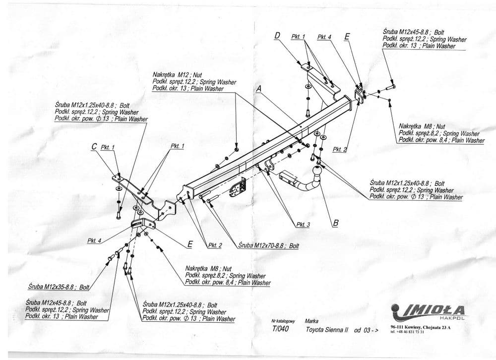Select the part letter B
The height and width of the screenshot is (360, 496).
(335, 223)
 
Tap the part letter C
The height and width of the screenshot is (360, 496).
(94, 147)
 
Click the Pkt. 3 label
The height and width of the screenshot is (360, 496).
(303, 225)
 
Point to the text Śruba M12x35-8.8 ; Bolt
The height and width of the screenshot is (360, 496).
(59, 286)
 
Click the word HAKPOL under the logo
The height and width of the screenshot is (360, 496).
(453, 318)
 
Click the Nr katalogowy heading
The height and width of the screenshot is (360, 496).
(283, 321)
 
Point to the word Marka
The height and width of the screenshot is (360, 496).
(312, 321)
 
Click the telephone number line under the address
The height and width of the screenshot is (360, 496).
(407, 332)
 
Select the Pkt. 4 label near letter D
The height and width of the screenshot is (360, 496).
(324, 36)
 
